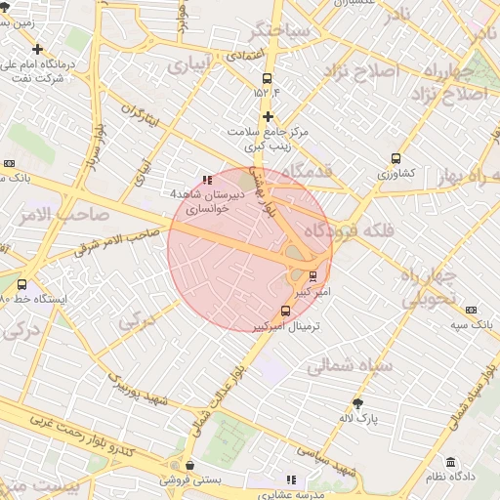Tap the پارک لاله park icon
coord(359,402)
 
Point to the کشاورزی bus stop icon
coord(396,158)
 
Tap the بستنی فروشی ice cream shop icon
coord(188,465)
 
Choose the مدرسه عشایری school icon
coord(291,479)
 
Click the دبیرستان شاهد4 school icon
coord(206,180)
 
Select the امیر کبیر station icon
coord(312,275)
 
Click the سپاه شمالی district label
coord(349,366)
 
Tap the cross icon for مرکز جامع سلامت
coord(267,116)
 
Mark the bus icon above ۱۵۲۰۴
coord(267,79)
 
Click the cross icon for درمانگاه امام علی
coord(37,49)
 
